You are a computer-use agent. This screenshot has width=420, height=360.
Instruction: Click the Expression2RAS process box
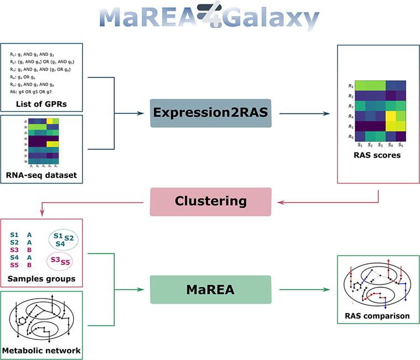point(210,113)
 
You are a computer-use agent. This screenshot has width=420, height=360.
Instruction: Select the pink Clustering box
point(210,201)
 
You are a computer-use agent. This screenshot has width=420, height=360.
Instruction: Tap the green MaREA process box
point(210,289)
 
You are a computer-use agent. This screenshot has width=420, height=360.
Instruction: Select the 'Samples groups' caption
point(42,278)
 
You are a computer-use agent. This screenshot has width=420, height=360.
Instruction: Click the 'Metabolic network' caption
point(42,350)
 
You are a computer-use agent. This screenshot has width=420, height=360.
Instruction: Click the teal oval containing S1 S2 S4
point(63,239)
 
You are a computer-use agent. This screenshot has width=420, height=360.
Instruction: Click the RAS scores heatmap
point(381,111)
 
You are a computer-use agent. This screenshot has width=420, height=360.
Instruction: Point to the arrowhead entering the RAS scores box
point(334,113)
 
